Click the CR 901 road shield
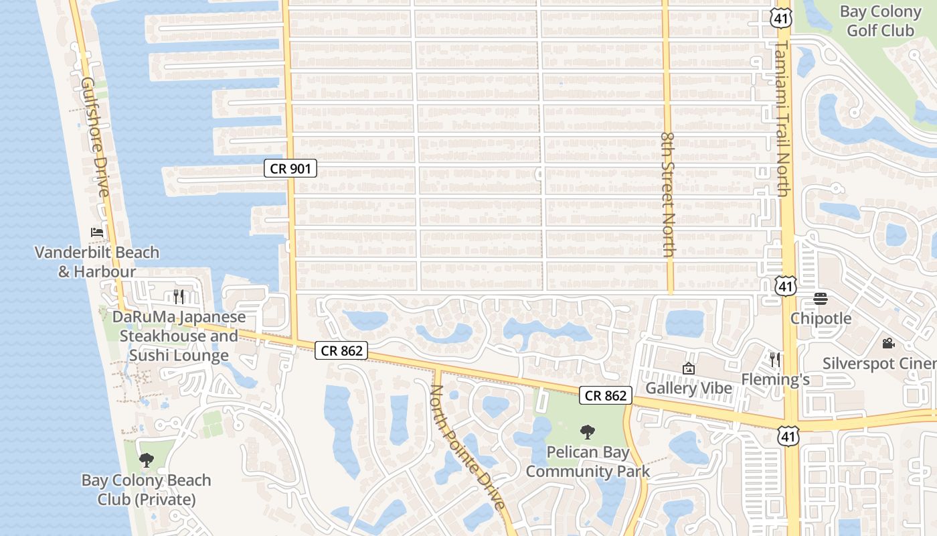coord(290,168)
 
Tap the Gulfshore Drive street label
coord(95,137)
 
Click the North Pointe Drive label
coord(467,447)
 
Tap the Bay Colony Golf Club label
coord(880,21)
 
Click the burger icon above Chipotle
coord(821,299)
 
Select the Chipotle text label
coord(821,318)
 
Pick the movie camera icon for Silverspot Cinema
coord(888,344)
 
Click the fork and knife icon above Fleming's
coord(775,360)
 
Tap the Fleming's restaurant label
coord(775,380)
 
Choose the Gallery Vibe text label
coord(688,389)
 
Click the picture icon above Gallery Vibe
coord(688,368)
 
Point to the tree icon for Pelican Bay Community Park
coord(588,432)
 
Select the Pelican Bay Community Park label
coord(588,462)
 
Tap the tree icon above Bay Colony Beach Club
coord(146,460)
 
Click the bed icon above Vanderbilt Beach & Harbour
coord(97,232)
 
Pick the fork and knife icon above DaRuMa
coord(179,296)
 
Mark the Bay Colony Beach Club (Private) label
coord(146,490)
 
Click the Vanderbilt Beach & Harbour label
coord(97,262)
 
